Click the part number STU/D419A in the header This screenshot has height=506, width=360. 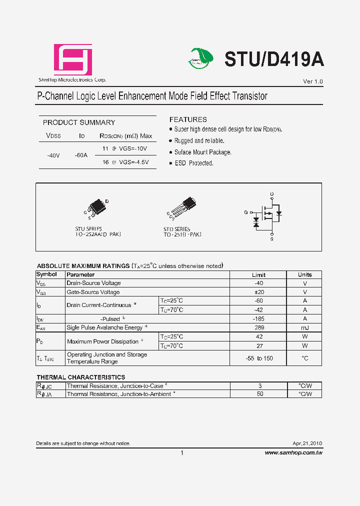click(x=274, y=59)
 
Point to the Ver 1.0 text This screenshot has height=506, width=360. click(x=313, y=81)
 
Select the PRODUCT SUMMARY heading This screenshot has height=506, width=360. click(x=79, y=122)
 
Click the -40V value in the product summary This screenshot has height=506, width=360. click(x=53, y=155)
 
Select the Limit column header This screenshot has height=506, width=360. click(x=258, y=275)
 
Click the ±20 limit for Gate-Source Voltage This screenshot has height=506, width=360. click(x=258, y=292)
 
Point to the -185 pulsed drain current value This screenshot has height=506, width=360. click(x=258, y=319)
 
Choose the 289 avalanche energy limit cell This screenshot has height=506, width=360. click(x=258, y=328)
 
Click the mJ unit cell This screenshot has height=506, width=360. click(x=304, y=328)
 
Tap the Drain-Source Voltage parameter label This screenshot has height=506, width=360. click(x=93, y=283)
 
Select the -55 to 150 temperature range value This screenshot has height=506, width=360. click(x=259, y=358)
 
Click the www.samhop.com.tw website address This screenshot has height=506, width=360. click(x=293, y=452)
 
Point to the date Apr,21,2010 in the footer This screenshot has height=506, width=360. click(x=307, y=443)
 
